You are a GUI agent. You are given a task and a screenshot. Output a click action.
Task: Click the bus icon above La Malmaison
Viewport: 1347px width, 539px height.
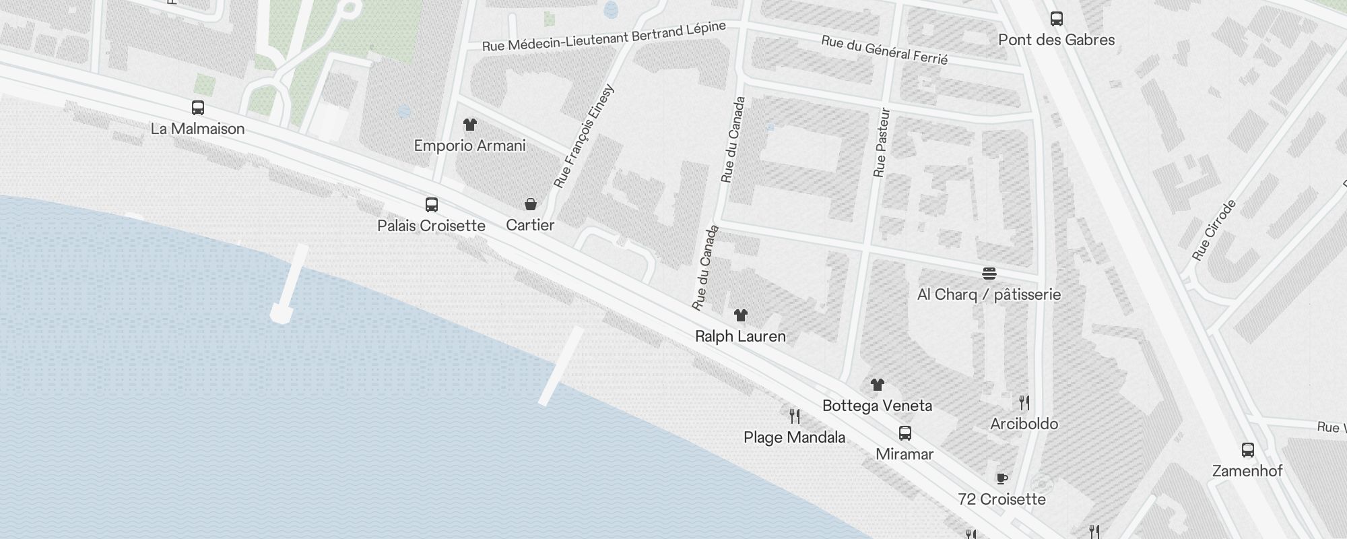coord(198,108)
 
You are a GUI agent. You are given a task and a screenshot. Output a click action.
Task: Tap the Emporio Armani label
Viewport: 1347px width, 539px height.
coord(469,146)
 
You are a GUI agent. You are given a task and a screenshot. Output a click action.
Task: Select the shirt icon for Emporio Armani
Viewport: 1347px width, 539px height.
coord(470,125)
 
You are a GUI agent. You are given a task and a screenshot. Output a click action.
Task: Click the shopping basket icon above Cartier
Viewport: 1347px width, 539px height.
coord(531,204)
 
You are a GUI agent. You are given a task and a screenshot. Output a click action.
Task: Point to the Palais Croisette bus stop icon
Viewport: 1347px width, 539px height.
coord(432,205)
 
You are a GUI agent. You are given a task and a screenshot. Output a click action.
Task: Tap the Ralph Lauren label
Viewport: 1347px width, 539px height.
coord(740,336)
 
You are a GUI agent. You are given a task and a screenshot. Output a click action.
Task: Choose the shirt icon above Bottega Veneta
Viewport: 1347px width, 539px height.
coord(877,385)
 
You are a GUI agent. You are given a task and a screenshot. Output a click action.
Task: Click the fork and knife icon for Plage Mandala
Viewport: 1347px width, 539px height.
coord(795,416)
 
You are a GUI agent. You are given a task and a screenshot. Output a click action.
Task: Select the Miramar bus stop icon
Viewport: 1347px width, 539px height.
coord(905,433)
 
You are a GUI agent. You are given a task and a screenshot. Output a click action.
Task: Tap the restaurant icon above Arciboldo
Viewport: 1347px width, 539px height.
coord(1024,403)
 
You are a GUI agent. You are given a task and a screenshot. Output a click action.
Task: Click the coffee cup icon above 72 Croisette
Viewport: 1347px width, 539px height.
coord(1002,478)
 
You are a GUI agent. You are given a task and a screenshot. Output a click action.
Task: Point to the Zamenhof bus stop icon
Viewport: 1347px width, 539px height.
coord(1248,450)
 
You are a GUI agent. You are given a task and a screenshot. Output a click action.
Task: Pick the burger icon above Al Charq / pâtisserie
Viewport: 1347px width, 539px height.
coord(989,274)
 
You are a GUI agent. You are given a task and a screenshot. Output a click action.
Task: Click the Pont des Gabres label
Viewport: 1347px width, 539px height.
coord(1056,40)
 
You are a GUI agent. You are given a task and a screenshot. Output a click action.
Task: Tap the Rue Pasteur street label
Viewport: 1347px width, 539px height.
coord(881,143)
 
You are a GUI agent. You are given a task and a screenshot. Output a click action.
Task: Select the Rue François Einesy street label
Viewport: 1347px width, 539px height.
coord(584,136)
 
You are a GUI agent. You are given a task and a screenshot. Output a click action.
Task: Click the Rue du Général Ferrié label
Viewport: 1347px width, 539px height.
coord(884,51)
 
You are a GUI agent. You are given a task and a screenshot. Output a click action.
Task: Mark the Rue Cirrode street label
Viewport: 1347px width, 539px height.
coord(1214,230)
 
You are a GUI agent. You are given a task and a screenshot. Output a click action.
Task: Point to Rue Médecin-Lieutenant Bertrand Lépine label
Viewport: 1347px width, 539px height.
coord(604,36)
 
